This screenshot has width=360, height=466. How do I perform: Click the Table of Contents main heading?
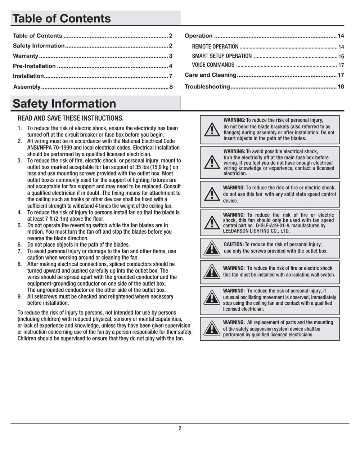(62, 19)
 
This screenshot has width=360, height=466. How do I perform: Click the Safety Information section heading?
(64, 104)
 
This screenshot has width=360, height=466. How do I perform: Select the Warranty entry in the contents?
(26, 56)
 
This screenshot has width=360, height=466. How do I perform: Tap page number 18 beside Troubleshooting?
(341, 87)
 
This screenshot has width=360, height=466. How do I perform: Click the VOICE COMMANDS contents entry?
(213, 65)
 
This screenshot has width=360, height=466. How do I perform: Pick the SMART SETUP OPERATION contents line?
(222, 56)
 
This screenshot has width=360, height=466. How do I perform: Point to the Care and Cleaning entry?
(210, 75)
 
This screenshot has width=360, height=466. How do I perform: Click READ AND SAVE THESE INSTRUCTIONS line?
(71, 118)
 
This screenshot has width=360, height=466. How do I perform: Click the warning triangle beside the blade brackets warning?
(212, 129)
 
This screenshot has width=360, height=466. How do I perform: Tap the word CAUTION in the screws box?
(234, 245)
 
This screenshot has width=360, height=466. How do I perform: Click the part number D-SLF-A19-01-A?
(273, 226)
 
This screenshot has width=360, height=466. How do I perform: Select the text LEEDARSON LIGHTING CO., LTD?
(256, 231)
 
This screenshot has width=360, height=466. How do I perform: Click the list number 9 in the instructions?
(20, 297)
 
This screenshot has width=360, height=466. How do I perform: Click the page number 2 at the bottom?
(180, 429)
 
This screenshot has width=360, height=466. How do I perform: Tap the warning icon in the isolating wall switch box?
(212, 272)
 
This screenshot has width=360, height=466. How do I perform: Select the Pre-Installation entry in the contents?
(34, 66)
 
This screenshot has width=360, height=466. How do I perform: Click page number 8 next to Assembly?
(171, 87)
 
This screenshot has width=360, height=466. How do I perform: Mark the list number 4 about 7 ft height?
(20, 212)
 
